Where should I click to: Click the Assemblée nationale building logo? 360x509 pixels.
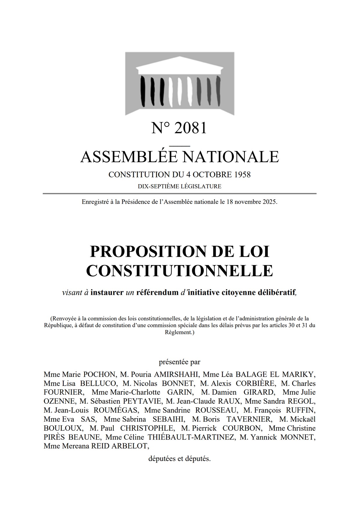[180, 84]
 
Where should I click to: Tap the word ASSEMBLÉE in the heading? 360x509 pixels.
[129, 157]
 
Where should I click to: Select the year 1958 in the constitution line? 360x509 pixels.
[242, 175]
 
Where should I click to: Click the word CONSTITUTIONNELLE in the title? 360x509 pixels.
[179, 270]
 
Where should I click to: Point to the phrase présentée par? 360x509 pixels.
[179, 362]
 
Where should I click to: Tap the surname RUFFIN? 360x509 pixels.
[301, 410]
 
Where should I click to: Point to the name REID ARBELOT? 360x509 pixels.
[120, 446]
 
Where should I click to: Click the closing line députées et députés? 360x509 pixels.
[179, 459]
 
